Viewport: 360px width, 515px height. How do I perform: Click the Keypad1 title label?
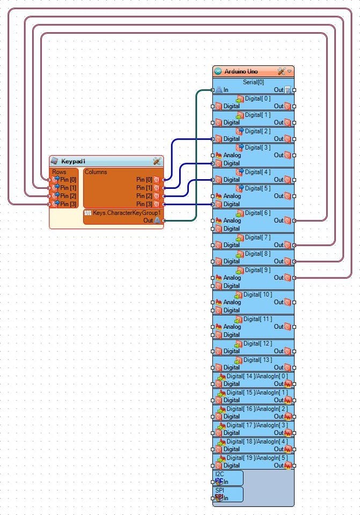point(74,161)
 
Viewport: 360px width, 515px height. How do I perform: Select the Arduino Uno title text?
point(241,71)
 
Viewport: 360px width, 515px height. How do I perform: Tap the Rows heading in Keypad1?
point(60,172)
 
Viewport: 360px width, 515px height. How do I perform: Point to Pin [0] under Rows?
point(68,180)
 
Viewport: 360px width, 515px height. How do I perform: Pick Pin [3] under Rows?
point(68,204)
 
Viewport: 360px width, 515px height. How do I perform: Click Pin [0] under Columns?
point(144,180)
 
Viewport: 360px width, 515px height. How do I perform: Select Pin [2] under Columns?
point(144,196)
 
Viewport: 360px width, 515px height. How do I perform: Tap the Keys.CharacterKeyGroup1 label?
point(127,212)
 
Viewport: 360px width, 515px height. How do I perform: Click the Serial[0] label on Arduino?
point(253,82)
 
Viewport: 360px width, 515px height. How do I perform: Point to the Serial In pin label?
point(226,90)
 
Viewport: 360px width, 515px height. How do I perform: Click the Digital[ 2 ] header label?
point(258,131)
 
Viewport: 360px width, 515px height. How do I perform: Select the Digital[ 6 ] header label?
point(258,213)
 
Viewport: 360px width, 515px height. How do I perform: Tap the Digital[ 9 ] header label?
point(258,270)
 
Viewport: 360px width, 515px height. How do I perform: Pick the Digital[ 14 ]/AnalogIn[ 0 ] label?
point(257,376)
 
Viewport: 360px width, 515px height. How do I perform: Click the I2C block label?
point(219,474)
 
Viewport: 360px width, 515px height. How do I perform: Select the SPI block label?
point(219,490)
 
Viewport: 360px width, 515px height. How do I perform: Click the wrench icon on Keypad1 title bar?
point(157,161)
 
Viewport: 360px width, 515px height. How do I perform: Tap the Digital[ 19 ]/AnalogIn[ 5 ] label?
point(257,458)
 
